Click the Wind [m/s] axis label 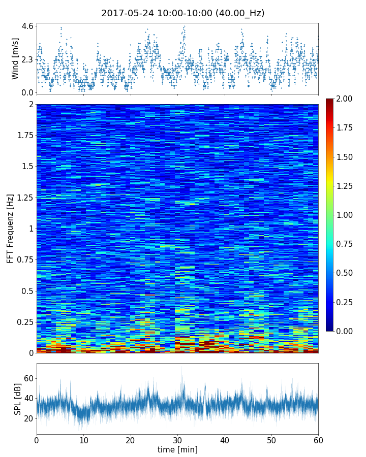(x=15, y=58)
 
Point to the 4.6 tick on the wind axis (x=27, y=25)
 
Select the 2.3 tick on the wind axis (x=27, y=59)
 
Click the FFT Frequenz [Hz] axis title (x=10, y=228)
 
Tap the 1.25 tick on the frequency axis (x=23, y=197)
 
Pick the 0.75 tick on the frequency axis (x=23, y=259)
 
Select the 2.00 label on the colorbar (x=346, y=99)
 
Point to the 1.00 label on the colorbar (x=346, y=215)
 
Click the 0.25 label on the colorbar (x=346, y=302)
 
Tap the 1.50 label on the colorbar (x=346, y=157)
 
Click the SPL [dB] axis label (x=18, y=399)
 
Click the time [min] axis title (x=177, y=449)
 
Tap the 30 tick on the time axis (x=177, y=440)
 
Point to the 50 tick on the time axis (x=271, y=440)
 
